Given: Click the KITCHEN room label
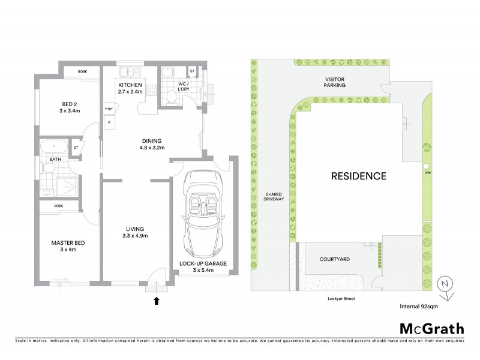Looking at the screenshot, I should [130, 85].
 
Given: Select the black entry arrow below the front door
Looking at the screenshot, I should [157, 301].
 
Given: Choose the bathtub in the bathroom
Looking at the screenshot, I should [54, 148].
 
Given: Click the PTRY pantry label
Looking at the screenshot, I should [109, 109].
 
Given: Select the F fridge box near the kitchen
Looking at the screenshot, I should [109, 123].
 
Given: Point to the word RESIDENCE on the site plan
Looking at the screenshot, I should [358, 176].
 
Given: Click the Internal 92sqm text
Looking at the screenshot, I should [420, 306].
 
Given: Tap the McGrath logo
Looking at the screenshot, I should [431, 328].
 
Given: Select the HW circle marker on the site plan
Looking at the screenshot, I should [426, 166].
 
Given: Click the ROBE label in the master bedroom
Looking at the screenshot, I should [58, 206].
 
